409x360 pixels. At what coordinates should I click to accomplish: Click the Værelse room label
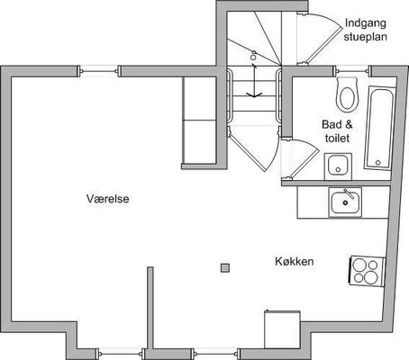108,199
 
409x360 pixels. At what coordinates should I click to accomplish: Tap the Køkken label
295,261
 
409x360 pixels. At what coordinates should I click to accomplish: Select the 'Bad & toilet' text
337,131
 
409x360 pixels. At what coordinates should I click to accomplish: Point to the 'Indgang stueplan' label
365,30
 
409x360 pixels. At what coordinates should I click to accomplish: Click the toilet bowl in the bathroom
347,94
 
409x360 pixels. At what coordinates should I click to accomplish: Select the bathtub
379,128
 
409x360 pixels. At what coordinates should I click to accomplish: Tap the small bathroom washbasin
338,166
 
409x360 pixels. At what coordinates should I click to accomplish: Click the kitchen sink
345,202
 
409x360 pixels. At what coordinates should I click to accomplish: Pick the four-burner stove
368,272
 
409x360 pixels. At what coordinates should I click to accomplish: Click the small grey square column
225,268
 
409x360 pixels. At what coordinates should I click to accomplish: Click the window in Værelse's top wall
99,71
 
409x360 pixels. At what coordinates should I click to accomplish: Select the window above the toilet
352,71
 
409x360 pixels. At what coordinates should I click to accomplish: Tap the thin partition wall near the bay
150,308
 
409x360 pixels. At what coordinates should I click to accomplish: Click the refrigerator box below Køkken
282,329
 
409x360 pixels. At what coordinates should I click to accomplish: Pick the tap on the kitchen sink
350,193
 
